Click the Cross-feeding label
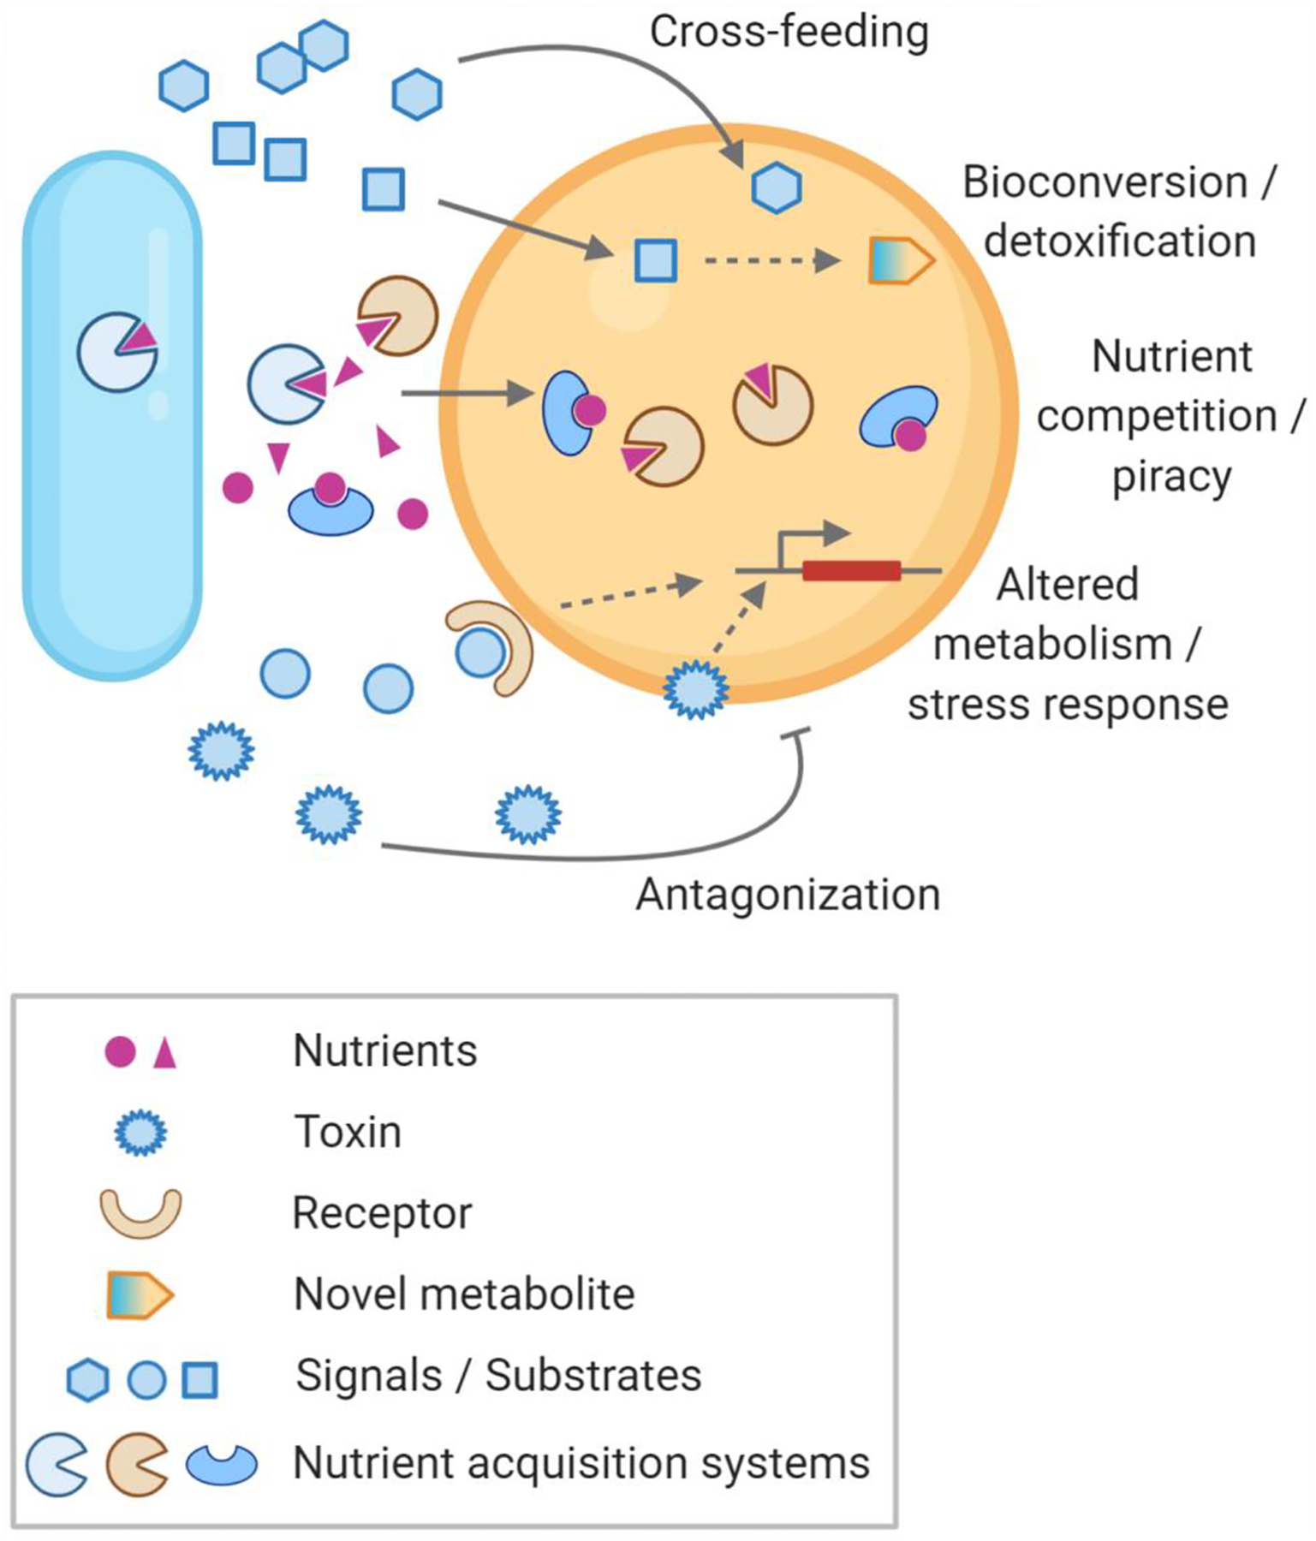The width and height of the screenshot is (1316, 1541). [x=789, y=33]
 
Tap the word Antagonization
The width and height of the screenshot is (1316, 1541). [x=788, y=895]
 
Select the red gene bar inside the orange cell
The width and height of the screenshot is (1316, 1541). [x=851, y=570]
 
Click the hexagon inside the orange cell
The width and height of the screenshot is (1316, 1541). [x=777, y=188]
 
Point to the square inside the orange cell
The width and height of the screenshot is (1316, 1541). [x=656, y=260]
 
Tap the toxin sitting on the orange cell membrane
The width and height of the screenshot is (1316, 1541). [x=696, y=689]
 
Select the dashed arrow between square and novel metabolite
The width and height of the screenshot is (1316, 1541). [x=771, y=259]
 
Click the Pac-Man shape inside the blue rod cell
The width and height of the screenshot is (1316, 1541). [x=116, y=352]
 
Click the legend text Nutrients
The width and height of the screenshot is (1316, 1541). [x=384, y=1050]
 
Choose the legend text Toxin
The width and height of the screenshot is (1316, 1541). [x=348, y=1132]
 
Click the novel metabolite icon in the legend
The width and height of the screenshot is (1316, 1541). [x=140, y=1295]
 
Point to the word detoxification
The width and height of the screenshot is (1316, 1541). [x=1120, y=241]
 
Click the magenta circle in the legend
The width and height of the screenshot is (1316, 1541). [x=120, y=1051]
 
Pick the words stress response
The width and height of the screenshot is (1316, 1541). [x=1068, y=705]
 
